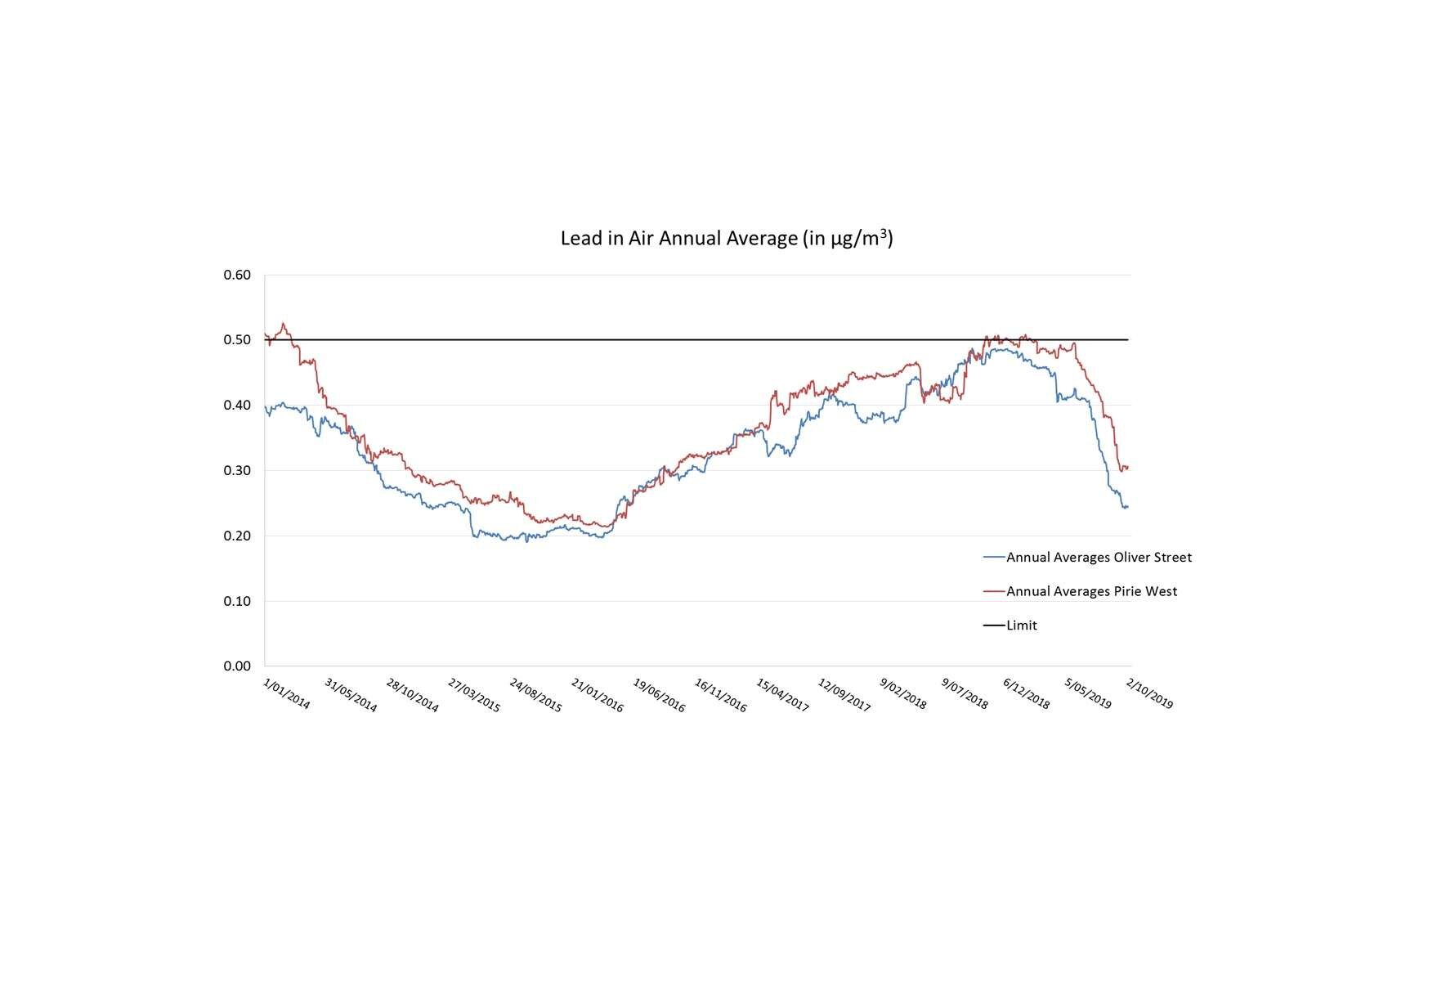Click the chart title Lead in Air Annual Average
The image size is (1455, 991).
click(726, 239)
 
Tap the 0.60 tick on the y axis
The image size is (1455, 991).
click(237, 275)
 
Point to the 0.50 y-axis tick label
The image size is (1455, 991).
click(237, 340)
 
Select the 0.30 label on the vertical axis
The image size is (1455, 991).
click(237, 470)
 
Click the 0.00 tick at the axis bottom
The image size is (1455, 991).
click(237, 666)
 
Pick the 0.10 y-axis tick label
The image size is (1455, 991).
click(237, 601)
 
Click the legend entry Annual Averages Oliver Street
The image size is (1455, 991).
click(1098, 558)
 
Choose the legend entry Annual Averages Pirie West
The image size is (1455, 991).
click(1090, 591)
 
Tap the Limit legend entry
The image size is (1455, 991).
click(1021, 626)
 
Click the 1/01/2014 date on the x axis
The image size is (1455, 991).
click(287, 693)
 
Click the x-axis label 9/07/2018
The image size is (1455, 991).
click(965, 693)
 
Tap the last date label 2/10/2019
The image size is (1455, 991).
click(1149, 693)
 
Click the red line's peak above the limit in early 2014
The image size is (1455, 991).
click(284, 324)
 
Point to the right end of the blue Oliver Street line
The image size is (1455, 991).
click(1127, 507)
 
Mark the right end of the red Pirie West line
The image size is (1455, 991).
click(1128, 468)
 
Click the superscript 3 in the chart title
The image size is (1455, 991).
click(884, 232)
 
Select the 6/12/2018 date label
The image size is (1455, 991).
click(1027, 693)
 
